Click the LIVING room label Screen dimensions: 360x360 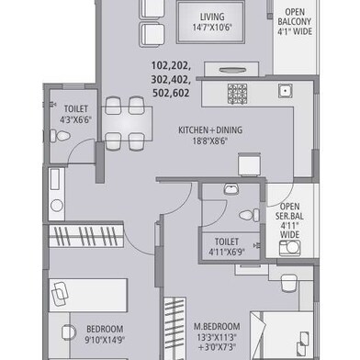(212, 17)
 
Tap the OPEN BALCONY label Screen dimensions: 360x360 (295, 17)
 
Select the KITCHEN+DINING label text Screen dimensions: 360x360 (210, 130)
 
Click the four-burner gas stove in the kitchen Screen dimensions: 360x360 (237, 94)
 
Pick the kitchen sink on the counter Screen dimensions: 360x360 (285, 91)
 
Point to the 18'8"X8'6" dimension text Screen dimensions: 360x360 (210, 141)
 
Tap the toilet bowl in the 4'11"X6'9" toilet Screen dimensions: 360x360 (249, 215)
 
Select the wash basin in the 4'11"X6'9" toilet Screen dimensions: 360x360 (231, 188)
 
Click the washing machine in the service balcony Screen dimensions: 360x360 (289, 248)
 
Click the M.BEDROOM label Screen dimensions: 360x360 (217, 326)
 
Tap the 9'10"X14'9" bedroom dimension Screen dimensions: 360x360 (105, 341)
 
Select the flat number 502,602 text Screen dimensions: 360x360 (171, 93)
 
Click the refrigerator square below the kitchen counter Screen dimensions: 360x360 (250, 164)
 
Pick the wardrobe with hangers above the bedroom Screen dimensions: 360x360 (86, 236)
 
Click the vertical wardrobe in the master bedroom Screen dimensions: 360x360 (175, 328)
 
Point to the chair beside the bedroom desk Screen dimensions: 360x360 (69, 332)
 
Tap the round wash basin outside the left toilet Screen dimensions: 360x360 (57, 206)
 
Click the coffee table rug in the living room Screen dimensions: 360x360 (211, 22)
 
